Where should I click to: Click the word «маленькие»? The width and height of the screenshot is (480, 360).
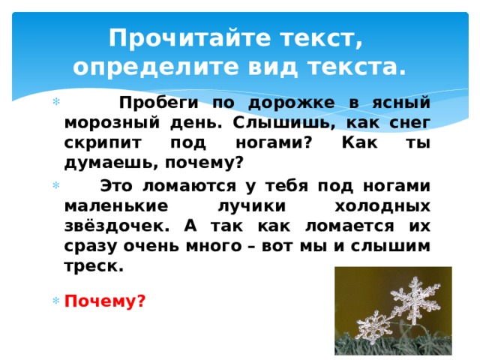113,205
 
